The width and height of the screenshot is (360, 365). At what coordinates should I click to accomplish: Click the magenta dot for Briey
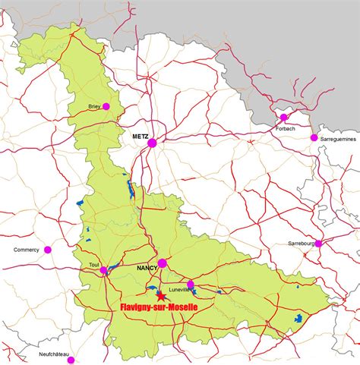pyautogui.click(x=106, y=106)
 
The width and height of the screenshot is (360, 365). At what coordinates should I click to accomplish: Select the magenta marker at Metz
pyautogui.click(x=152, y=142)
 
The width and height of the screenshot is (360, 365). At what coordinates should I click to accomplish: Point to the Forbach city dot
pyautogui.click(x=284, y=117)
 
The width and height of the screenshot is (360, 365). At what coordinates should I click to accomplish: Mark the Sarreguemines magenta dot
pyautogui.click(x=314, y=138)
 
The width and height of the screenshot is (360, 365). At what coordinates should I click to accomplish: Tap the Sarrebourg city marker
pyautogui.click(x=318, y=244)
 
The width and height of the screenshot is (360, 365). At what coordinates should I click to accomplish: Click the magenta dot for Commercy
pyautogui.click(x=48, y=249)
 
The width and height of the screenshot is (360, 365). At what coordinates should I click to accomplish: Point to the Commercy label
pyautogui.click(x=26, y=250)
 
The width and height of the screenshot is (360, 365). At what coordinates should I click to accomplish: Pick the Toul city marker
pyautogui.click(x=104, y=269)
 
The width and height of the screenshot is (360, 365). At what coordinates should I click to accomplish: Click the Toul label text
pyautogui.click(x=94, y=266)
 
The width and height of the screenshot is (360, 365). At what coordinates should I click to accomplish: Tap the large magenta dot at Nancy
pyautogui.click(x=163, y=263)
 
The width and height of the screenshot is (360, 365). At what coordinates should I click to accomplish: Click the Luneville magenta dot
pyautogui.click(x=191, y=285)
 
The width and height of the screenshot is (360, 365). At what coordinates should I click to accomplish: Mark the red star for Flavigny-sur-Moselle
pyautogui.click(x=160, y=297)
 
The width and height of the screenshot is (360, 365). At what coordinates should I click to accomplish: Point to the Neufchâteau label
pyautogui.click(x=54, y=354)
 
